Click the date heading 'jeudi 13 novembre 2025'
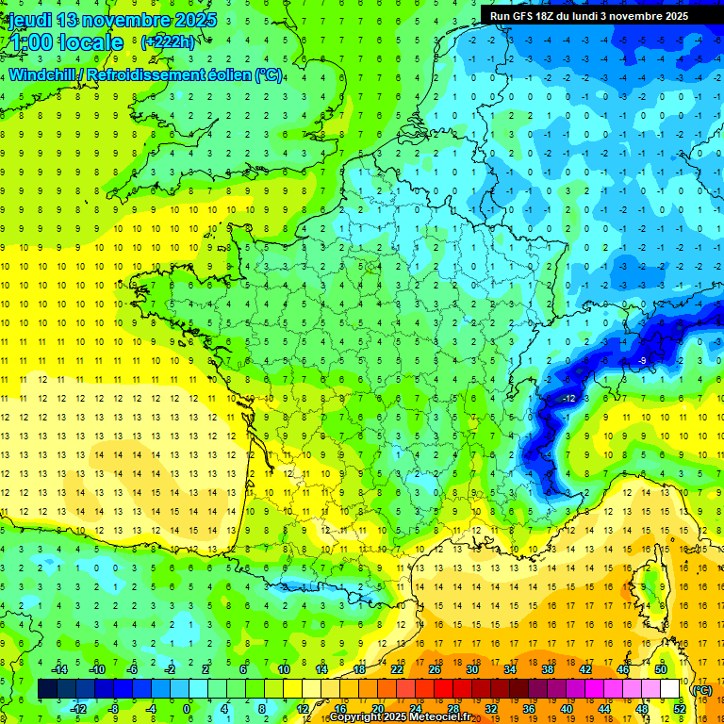pyautogui.click(x=112, y=20)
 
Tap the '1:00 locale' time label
pyautogui.click(x=63, y=42)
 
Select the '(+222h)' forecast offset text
pyautogui.click(x=168, y=41)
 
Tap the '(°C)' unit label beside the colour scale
pyautogui.click(x=701, y=690)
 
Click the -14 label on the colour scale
pyautogui.click(x=60, y=669)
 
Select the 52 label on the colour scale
pyautogui.click(x=680, y=709)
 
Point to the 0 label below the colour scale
pyautogui.click(x=187, y=709)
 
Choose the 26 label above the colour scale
pyautogui.click(x=436, y=669)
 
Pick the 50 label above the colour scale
pyautogui.click(x=660, y=669)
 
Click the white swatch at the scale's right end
pyautogui.click(x=670, y=689)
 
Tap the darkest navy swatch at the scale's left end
pyautogui.click(x=47, y=689)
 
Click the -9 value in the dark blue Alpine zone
pyautogui.click(x=641, y=361)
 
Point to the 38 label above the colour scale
pyautogui.click(x=548, y=669)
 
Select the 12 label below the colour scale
pyautogui.click(x=304, y=709)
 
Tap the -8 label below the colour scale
pyautogui.click(x=114, y=709)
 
